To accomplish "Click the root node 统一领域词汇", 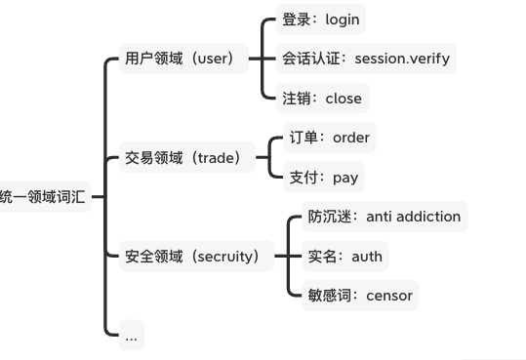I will (x=43, y=196).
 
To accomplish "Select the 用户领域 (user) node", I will (x=181, y=59).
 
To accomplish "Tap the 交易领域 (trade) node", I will (x=182, y=157).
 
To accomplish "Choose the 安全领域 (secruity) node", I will (x=193, y=257).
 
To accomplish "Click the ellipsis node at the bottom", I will (x=131, y=336).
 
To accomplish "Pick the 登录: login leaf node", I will (x=321, y=19).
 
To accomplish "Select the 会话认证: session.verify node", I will (x=366, y=59).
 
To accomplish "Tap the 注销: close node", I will (x=322, y=99).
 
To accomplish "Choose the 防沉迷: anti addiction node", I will (x=384, y=217).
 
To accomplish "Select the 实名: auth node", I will (x=344, y=257).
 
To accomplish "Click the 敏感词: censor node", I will (x=360, y=296).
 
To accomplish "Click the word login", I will (x=343, y=19).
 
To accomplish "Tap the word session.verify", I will (x=402, y=59).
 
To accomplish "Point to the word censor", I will (x=389, y=296).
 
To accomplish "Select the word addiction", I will (x=426, y=217).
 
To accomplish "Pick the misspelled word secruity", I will (x=226, y=257).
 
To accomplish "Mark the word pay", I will (x=345, y=179).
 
